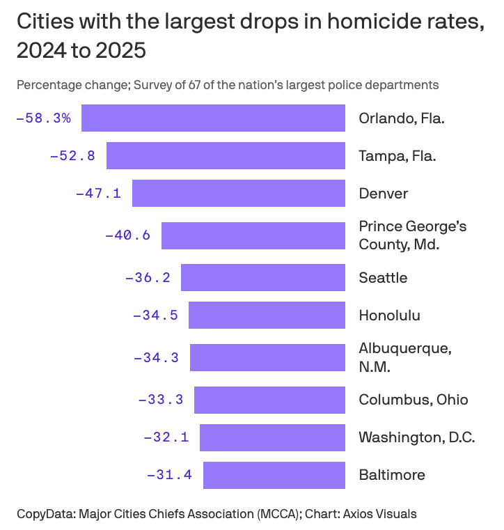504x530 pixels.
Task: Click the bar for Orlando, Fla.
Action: (x=213, y=118)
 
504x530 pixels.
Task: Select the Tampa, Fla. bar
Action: (x=226, y=155)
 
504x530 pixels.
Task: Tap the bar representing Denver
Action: (x=239, y=193)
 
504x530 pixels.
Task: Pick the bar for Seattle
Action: (x=263, y=277)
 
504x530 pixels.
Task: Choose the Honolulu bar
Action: (x=267, y=315)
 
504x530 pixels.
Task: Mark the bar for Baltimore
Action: (x=274, y=475)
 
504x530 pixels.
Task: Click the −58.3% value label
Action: (x=43, y=118)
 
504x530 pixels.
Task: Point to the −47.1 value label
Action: (x=98, y=193)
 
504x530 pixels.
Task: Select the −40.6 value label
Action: (x=127, y=235)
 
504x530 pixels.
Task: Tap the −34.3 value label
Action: (x=156, y=357)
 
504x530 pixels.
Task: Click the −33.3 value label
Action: (x=161, y=400)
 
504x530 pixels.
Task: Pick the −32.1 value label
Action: (x=166, y=437)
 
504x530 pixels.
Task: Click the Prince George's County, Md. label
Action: (x=412, y=235)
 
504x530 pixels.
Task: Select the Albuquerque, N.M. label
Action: (x=404, y=357)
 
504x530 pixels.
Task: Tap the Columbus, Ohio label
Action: (x=413, y=400)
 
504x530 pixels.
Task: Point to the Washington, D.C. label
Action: (x=416, y=437)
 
